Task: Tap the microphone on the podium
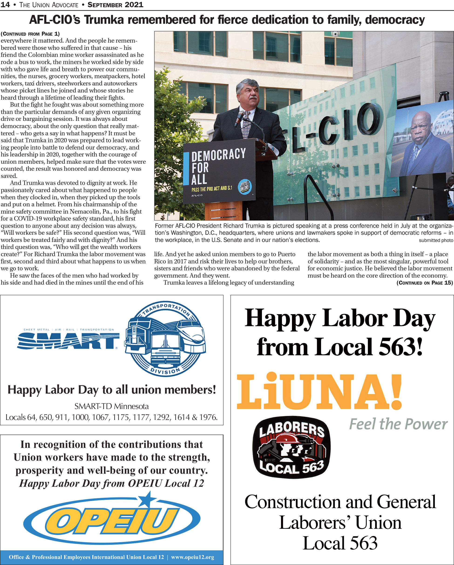pyautogui.click(x=239, y=118)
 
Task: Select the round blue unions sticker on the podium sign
pyautogui.click(x=245, y=187)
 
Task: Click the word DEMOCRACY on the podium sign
pyautogui.click(x=218, y=155)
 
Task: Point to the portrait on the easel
pyautogui.click(x=422, y=142)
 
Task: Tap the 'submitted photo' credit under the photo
pyautogui.click(x=436, y=240)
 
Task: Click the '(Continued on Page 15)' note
pyautogui.click(x=424, y=283)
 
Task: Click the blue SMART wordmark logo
pyautogui.click(x=68, y=341)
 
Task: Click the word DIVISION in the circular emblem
pyautogui.click(x=165, y=371)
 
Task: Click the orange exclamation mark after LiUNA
pyautogui.click(x=396, y=391)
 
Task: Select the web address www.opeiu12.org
pyautogui.click(x=193, y=557)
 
